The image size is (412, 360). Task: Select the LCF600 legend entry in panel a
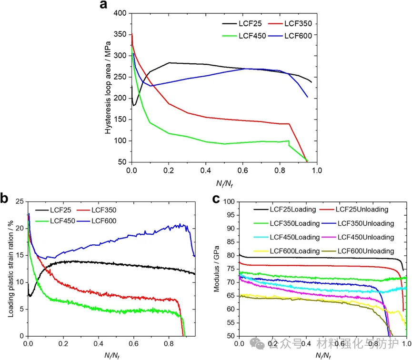[301, 35]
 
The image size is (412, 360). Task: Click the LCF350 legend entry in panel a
[301, 23]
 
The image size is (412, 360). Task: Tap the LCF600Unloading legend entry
[366, 251]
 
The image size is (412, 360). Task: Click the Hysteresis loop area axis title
[109, 88]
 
